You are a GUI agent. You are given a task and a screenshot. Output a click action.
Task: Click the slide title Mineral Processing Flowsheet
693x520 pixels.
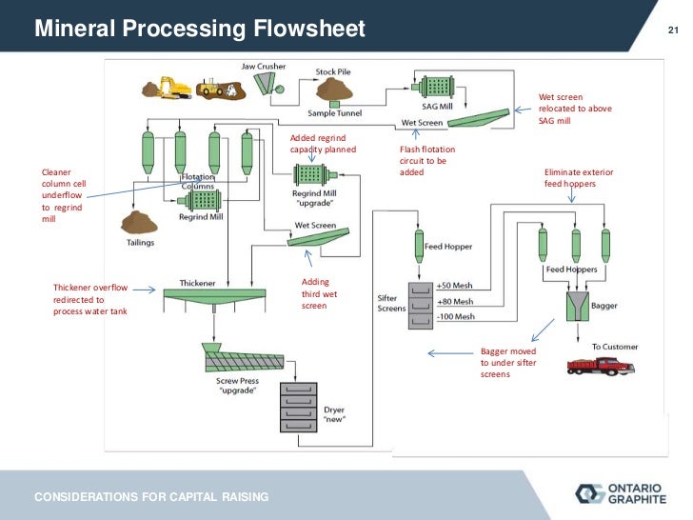coord(200,30)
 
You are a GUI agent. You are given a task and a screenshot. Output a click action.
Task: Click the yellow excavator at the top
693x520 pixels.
coord(175,87)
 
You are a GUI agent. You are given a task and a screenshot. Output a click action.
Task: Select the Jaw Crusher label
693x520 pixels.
coord(262,67)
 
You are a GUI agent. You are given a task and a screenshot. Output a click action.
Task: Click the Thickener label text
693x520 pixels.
coord(197,283)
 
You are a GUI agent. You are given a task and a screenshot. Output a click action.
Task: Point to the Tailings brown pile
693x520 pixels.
coord(139,223)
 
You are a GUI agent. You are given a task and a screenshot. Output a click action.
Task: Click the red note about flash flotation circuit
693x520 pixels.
coord(426,161)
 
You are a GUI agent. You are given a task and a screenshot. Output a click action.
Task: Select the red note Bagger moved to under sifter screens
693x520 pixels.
coord(508,363)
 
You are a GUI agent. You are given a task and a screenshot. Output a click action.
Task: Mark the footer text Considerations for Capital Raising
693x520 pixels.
coord(152,497)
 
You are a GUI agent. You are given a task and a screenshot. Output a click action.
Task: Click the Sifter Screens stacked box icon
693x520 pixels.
coord(421,305)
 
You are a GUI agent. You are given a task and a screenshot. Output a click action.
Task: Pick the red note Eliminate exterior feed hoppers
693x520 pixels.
coord(579,177)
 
